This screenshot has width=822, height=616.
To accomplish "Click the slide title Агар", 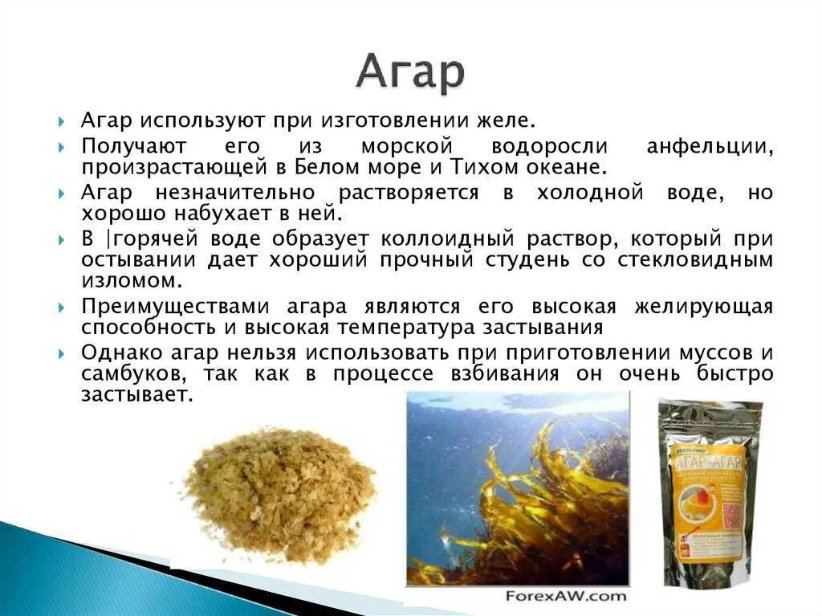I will [410, 72].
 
